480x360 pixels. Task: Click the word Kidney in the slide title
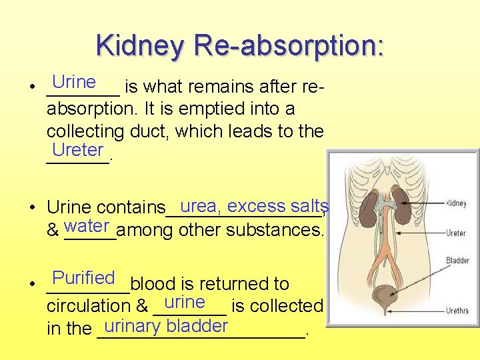[141, 45]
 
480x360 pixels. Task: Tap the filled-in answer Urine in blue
[74, 82]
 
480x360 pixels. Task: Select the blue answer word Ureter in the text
[77, 149]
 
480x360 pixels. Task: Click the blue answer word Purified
[84, 277]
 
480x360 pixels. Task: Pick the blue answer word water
[87, 226]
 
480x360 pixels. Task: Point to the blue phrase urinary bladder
[166, 326]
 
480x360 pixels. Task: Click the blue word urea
[200, 206]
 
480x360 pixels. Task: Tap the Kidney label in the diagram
[456, 203]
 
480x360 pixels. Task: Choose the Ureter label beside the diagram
[456, 233]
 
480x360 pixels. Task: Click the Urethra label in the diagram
[457, 310]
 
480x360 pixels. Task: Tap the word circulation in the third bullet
[90, 306]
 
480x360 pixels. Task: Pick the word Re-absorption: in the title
[288, 45]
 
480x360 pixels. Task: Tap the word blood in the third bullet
[151, 284]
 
